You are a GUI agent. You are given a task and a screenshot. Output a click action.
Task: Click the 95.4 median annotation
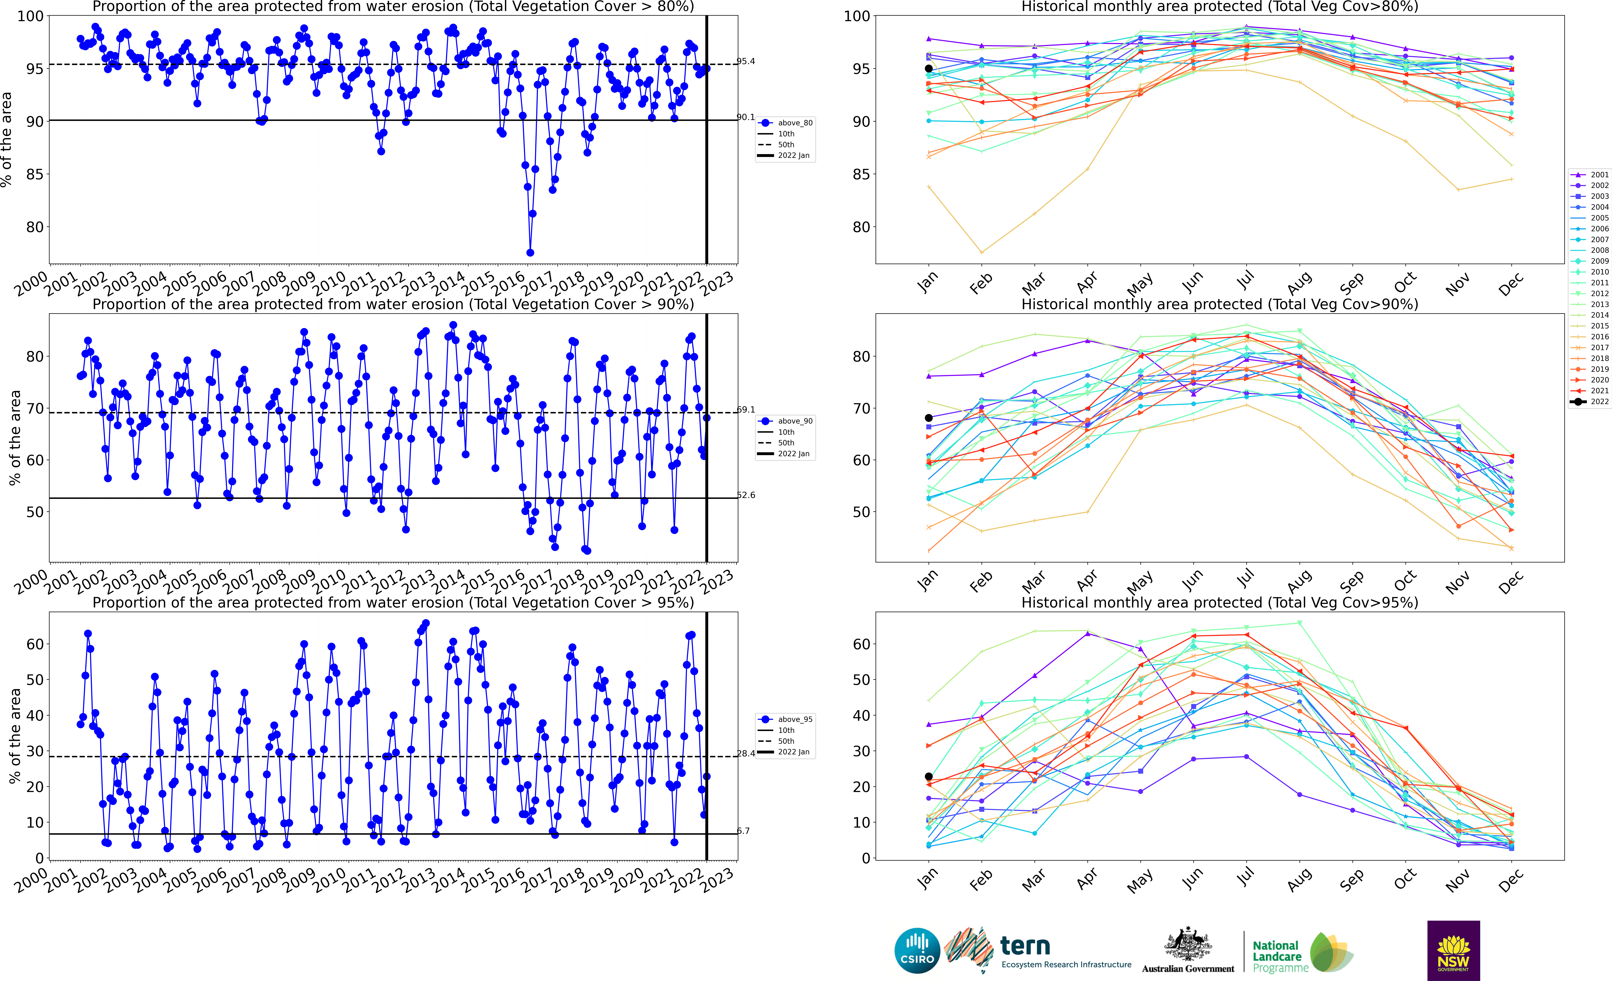pos(746,62)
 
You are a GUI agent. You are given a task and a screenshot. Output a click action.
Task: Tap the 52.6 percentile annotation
pos(746,495)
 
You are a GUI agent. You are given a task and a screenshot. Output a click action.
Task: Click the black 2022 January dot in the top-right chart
pos(928,69)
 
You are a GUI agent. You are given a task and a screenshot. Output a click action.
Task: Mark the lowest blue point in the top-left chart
pos(530,252)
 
